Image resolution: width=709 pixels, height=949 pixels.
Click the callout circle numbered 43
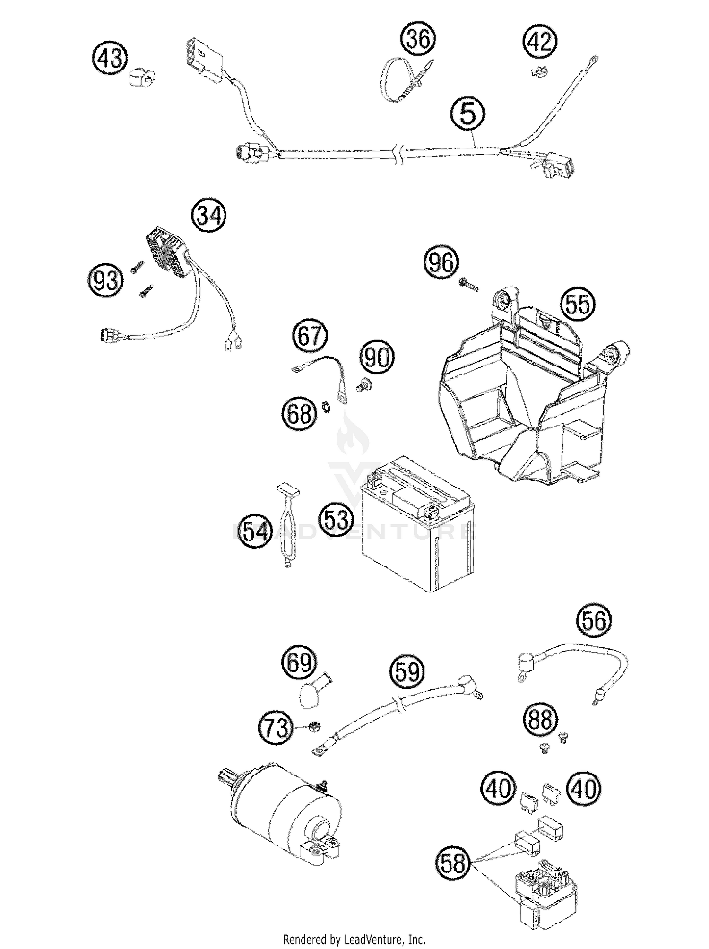[110, 60]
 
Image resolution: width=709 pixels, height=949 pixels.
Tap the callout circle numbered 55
[578, 304]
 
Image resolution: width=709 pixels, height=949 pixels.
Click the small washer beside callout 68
[327, 405]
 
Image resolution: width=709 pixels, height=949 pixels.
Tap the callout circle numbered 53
[336, 519]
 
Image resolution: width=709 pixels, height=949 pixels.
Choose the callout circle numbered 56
[594, 621]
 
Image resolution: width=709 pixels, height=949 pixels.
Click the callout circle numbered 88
[541, 720]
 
